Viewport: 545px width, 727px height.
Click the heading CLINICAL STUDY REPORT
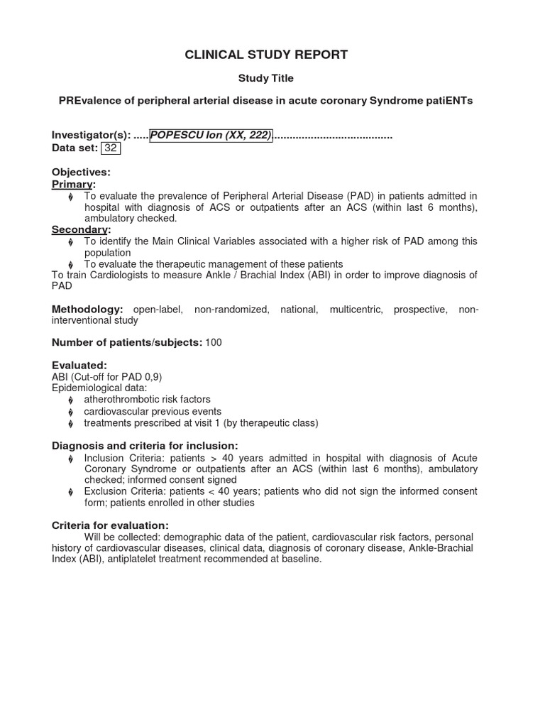266,55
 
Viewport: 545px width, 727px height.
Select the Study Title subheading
265,78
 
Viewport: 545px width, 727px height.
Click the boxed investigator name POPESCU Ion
211,136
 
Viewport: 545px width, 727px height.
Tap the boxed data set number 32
111,148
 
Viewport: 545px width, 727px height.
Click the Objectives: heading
81,173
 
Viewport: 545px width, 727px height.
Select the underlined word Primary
72,184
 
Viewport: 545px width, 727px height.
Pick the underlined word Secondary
79,229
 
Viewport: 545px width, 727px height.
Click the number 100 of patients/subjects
214,342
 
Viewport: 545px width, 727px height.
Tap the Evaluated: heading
79,365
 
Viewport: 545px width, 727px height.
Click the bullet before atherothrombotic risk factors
70,400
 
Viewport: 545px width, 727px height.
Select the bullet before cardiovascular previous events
70,412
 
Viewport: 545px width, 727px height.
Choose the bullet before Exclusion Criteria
70,492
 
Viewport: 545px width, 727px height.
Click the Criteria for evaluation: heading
110,525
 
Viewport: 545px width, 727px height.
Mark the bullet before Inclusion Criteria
70,458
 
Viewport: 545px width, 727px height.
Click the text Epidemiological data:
99,388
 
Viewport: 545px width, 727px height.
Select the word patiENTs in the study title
447,101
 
